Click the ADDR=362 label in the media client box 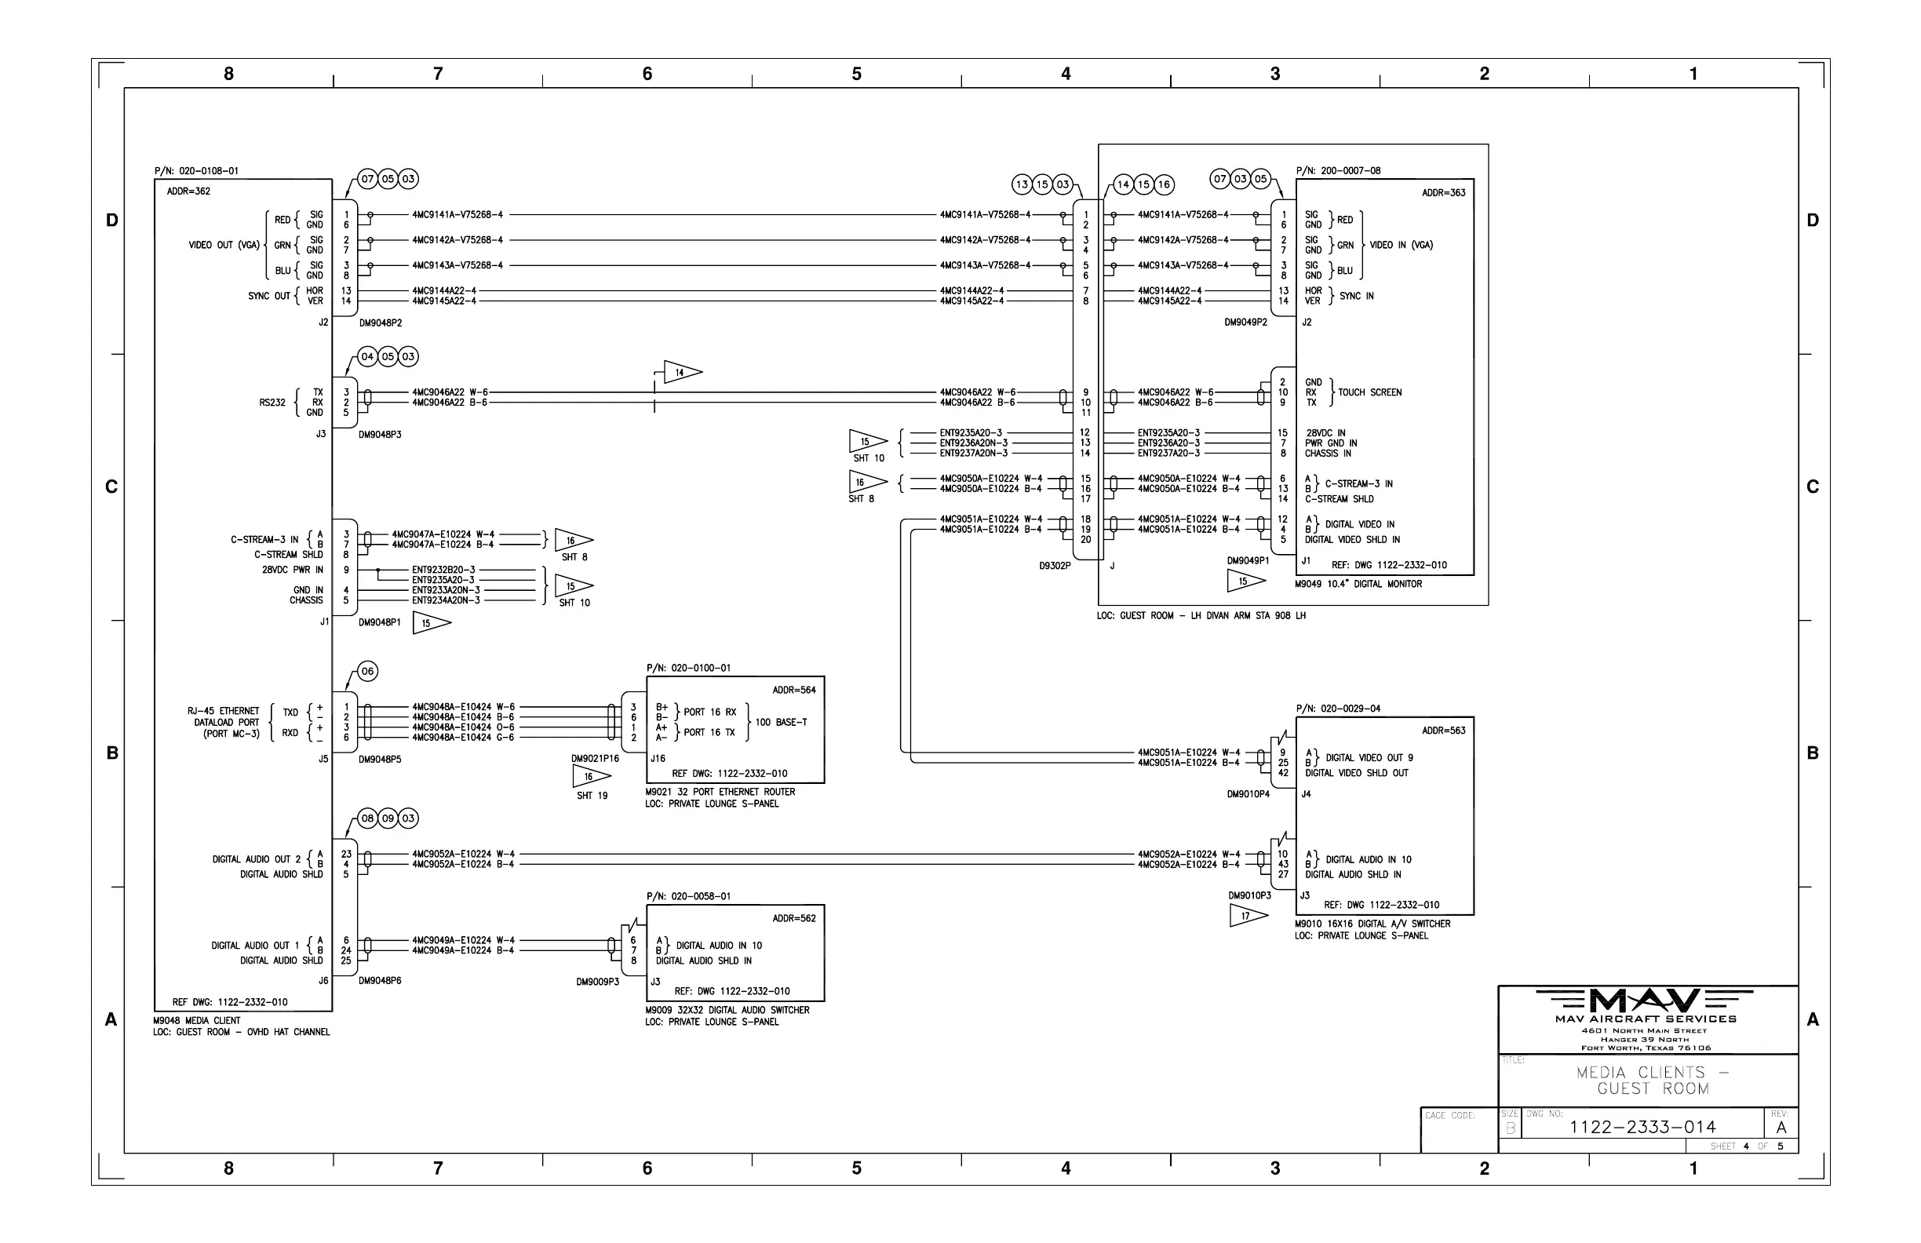tap(188, 191)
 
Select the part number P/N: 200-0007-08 tap(1338, 171)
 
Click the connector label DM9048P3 tap(380, 435)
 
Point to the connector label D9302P tap(1055, 566)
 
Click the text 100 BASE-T tap(782, 723)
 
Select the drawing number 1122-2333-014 tap(1642, 1127)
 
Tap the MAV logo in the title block tap(1644, 1001)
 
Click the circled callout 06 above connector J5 tap(367, 672)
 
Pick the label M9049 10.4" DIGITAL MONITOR tap(1358, 585)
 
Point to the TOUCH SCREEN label tap(1369, 393)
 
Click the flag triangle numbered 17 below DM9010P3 tap(1248, 916)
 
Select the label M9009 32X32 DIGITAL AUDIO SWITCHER tap(727, 1011)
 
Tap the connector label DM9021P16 tap(595, 759)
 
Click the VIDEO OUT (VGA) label tap(224, 246)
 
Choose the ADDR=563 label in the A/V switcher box tap(1444, 731)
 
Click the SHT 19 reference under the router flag tap(592, 796)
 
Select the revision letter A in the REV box tap(1781, 1128)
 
